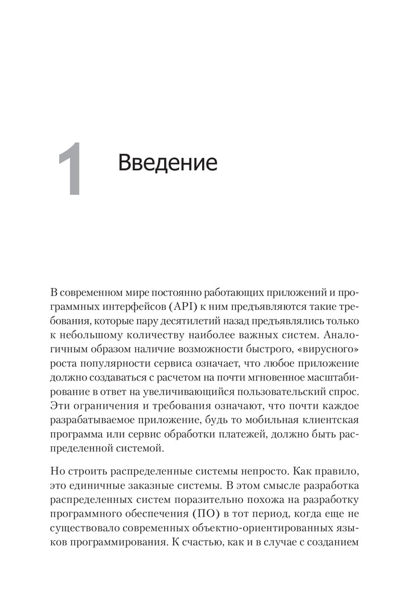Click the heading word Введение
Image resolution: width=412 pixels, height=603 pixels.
pyautogui.click(x=167, y=163)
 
